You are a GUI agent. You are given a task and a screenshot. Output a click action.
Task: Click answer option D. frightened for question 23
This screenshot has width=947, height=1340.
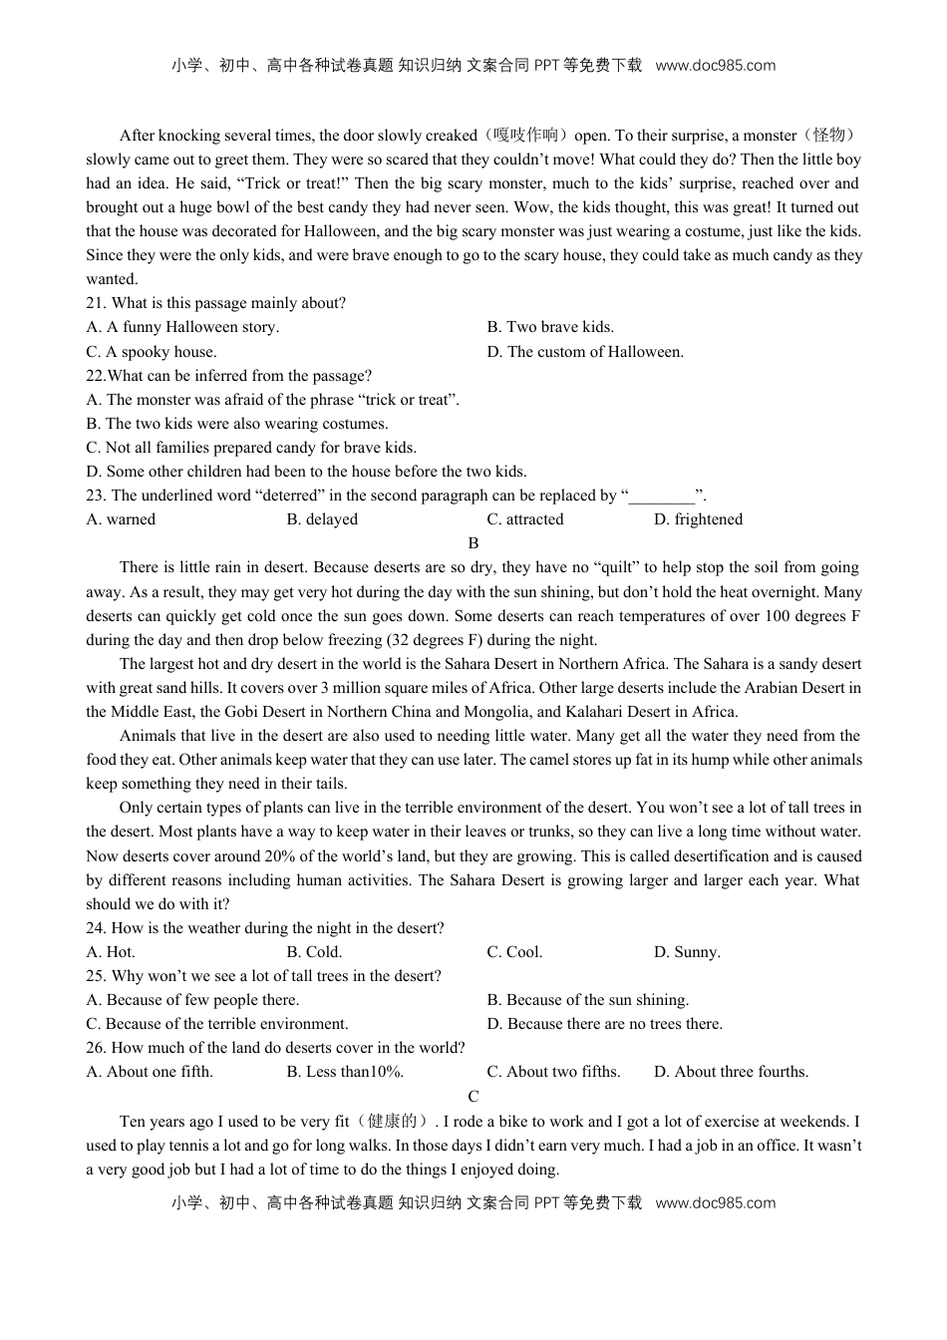698,519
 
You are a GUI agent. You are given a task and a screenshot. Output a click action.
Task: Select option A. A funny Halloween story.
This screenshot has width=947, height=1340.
182,327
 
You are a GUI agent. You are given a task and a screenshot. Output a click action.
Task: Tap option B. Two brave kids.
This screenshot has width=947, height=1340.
550,327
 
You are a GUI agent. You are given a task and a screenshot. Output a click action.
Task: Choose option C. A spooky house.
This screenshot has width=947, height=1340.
152,352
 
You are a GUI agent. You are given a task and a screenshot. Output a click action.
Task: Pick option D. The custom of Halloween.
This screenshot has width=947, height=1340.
585,352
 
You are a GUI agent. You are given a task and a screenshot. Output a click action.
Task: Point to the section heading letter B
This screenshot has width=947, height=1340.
473,543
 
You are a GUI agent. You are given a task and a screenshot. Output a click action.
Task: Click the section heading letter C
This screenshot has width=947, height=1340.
473,1097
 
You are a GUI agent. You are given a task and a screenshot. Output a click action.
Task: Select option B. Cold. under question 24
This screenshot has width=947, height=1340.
314,952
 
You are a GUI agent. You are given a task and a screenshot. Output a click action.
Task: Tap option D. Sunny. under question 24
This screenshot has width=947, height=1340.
687,952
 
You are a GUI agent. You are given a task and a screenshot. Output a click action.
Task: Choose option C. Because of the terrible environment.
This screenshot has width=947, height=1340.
217,1024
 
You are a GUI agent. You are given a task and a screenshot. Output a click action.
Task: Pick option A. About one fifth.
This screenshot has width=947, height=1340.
150,1072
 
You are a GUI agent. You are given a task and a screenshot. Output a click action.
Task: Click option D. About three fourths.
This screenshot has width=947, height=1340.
731,1072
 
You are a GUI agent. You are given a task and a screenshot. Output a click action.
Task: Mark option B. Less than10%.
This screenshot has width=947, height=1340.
345,1072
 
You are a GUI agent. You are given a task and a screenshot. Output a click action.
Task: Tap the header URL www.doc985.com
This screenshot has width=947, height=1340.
716,66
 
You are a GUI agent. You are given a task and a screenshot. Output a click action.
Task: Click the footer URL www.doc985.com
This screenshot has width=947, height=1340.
716,1202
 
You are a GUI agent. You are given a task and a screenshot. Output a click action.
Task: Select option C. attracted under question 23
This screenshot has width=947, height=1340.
525,519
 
